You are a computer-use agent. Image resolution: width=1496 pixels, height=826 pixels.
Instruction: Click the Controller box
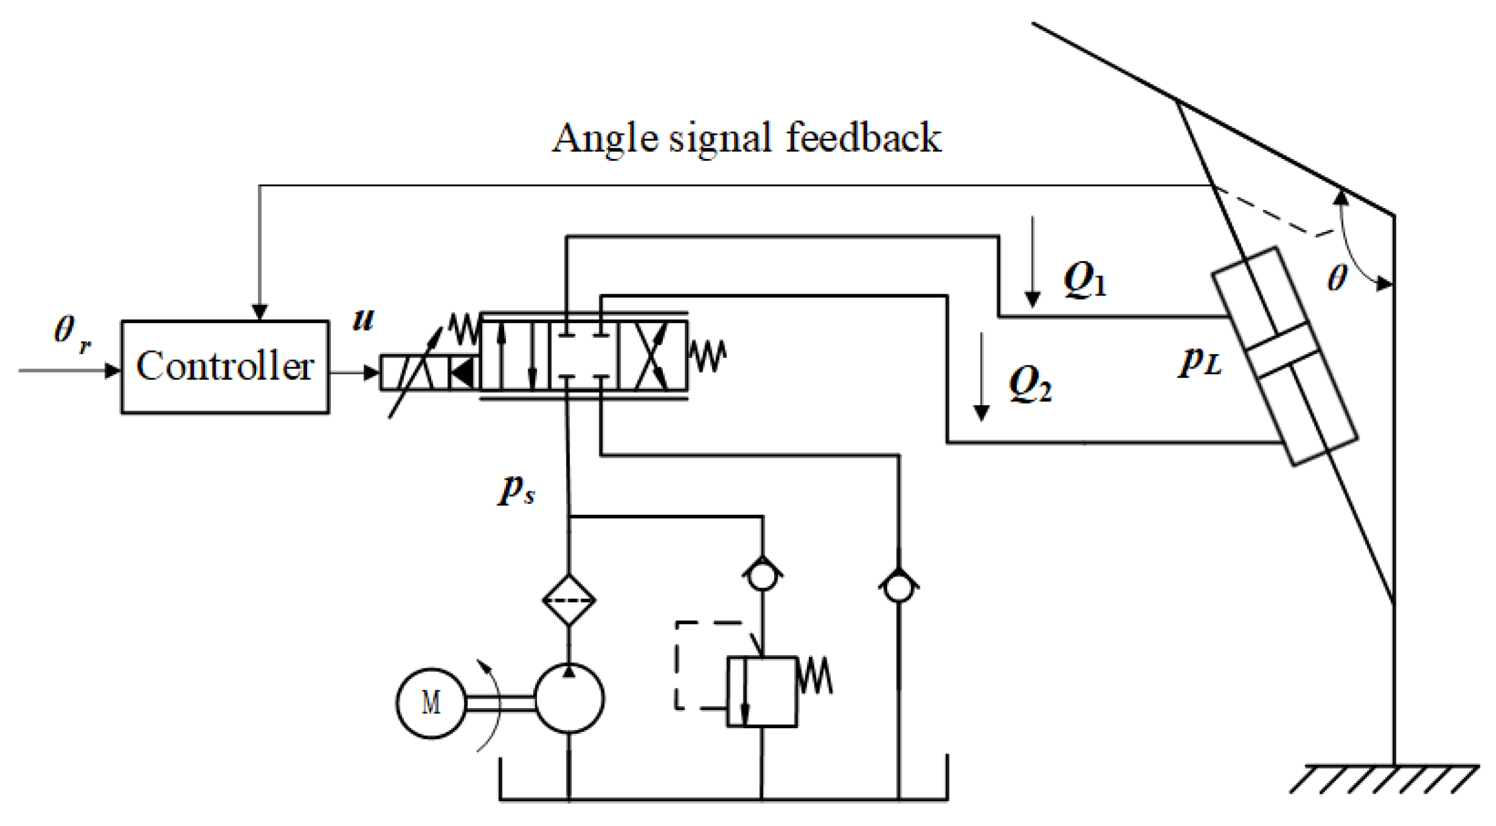pyautogui.click(x=225, y=367)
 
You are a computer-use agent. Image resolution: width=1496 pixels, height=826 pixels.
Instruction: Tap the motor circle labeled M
pyautogui.click(x=431, y=703)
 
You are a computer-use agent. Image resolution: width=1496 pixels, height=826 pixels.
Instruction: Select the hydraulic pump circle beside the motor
pyautogui.click(x=569, y=698)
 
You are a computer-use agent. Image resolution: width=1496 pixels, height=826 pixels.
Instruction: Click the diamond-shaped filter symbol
pyautogui.click(x=569, y=600)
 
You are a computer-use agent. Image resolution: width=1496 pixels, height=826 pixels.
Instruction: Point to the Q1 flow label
pyautogui.click(x=1085, y=280)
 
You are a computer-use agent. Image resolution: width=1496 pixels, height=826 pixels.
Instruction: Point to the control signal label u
pyautogui.click(x=363, y=320)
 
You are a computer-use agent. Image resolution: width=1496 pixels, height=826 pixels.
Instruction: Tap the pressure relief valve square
pyautogui.click(x=762, y=691)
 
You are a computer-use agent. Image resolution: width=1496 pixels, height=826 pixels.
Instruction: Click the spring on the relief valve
pyautogui.click(x=815, y=676)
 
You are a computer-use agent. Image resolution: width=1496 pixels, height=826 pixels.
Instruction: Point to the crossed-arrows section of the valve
pyautogui.click(x=652, y=356)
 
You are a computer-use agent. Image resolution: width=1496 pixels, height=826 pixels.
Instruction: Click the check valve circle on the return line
pyautogui.click(x=898, y=587)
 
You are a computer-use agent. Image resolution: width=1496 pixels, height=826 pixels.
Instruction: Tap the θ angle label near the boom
pyautogui.click(x=1337, y=278)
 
